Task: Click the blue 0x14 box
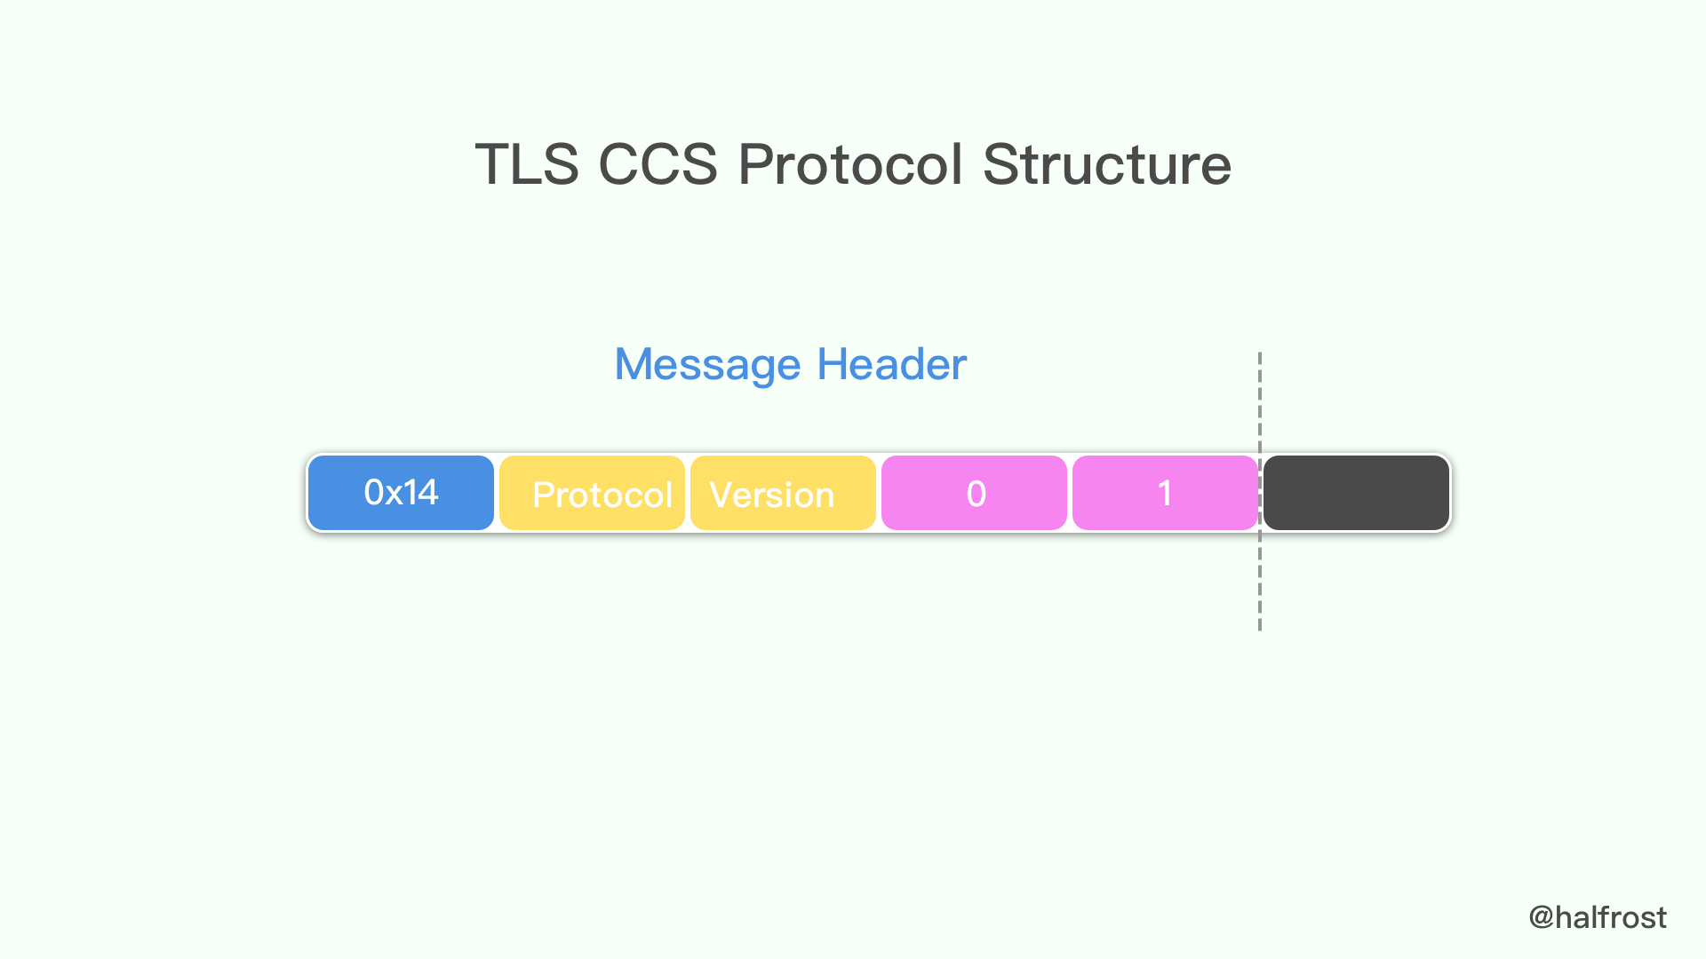401,493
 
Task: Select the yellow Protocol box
592,493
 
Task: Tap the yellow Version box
783,493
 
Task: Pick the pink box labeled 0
974,493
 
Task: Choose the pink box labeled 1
1165,493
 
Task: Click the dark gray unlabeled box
1356,493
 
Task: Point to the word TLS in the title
527,165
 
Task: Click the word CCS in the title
658,165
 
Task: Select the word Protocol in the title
850,165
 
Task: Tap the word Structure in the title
1107,165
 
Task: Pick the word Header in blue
891,365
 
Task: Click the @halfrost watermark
1598,917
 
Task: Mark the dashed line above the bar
1260,400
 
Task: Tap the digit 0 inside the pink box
976,494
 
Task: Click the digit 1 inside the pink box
1165,494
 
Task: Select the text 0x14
401,492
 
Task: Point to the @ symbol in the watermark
1541,917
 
